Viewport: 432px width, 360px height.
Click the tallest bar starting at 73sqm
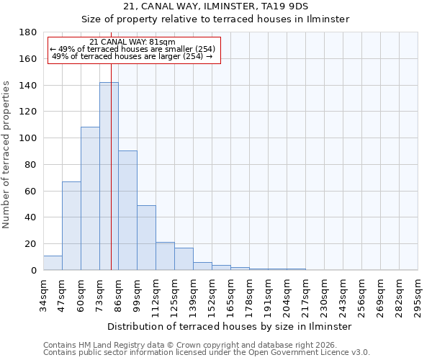click(x=109, y=176)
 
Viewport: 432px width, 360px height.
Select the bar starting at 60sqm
click(x=90, y=199)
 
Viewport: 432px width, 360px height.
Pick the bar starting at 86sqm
click(x=127, y=210)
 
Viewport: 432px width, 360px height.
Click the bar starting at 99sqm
click(x=146, y=238)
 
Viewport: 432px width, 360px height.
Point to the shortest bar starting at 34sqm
click(x=53, y=263)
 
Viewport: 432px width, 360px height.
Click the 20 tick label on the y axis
click(x=30, y=244)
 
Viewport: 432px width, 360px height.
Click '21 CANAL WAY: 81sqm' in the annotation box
click(x=133, y=42)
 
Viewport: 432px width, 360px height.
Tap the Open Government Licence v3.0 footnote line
click(x=206, y=352)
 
